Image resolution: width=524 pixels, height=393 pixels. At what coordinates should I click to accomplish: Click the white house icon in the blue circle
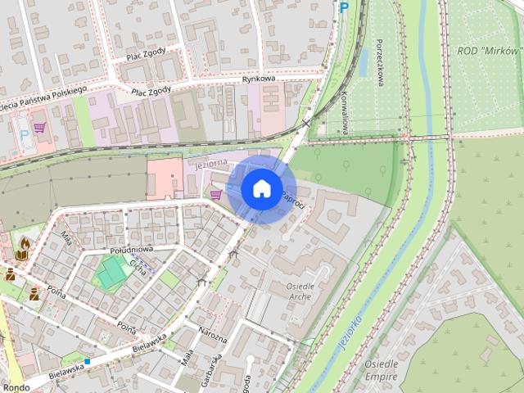coord(261,188)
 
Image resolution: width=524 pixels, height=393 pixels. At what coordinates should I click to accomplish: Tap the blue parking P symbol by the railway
coord(344,7)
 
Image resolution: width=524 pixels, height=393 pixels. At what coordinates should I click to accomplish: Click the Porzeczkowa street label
coord(380,63)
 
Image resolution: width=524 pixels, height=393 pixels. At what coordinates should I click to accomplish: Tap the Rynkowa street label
coord(261,79)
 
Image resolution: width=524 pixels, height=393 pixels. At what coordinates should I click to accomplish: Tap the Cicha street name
coord(138,267)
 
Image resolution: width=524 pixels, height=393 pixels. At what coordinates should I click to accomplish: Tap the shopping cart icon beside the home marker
coord(216,194)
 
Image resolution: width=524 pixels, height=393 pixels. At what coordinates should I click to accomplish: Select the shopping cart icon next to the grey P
coord(38,127)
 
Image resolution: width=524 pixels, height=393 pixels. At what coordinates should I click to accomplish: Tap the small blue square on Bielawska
coord(87,360)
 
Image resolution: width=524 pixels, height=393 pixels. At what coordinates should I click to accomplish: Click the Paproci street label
coord(292,197)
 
